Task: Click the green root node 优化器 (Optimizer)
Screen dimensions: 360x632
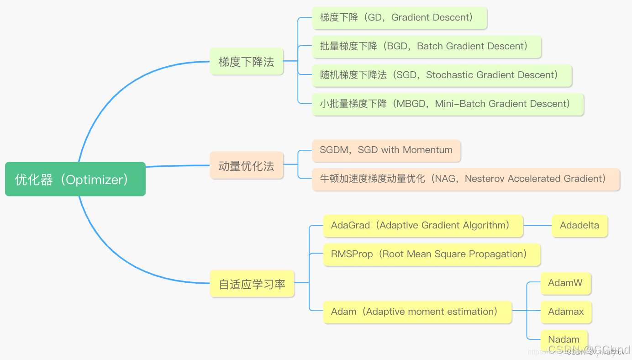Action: (x=75, y=179)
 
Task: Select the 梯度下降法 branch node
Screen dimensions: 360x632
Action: (x=247, y=62)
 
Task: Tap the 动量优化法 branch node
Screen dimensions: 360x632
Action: (x=247, y=165)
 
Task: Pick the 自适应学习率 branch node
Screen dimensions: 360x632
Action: (x=252, y=284)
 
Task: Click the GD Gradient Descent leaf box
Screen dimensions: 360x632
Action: (x=400, y=18)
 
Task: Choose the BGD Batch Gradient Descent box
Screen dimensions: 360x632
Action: (x=427, y=47)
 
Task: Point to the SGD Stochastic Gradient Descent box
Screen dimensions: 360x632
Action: (x=442, y=75)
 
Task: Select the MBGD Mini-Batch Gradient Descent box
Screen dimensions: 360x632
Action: (x=448, y=104)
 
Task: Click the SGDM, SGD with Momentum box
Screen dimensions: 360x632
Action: (x=386, y=150)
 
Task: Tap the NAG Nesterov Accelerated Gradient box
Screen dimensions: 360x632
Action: (x=466, y=179)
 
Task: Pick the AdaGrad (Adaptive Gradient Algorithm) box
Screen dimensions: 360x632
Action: (x=423, y=226)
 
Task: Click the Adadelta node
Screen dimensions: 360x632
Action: (x=579, y=226)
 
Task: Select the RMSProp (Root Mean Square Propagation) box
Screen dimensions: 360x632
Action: (x=432, y=254)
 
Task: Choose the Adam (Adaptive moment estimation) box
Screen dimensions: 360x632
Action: (x=417, y=312)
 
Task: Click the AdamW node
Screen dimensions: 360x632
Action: (x=565, y=283)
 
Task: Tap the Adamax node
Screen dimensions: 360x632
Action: (x=566, y=312)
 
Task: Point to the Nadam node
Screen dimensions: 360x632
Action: (x=564, y=340)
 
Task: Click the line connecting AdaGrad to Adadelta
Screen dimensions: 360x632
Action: (x=537, y=226)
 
